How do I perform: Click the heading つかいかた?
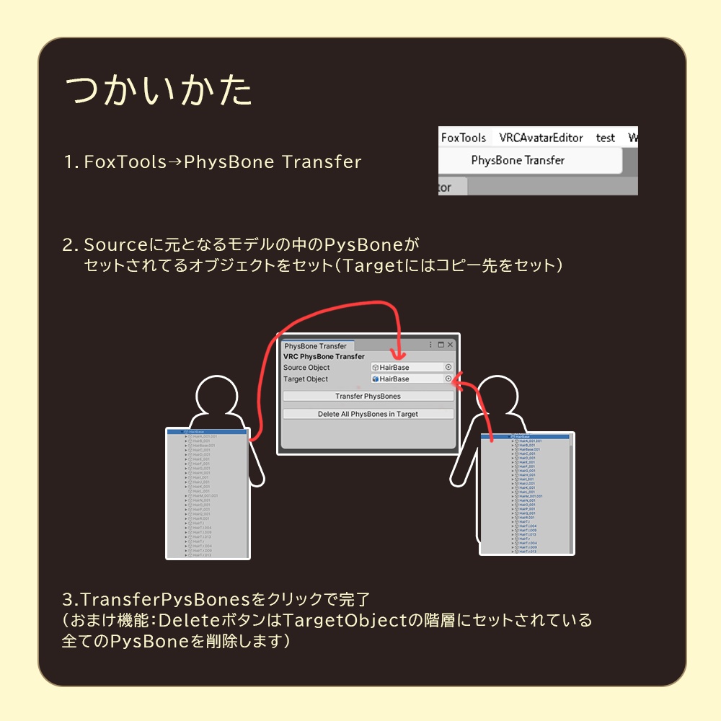click(x=159, y=91)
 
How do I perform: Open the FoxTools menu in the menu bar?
click(x=464, y=138)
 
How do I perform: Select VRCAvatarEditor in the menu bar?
click(x=540, y=138)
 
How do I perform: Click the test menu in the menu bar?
click(x=605, y=138)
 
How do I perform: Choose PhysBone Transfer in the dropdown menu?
click(x=518, y=160)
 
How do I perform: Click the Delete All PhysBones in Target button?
click(x=368, y=414)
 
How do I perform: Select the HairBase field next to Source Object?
click(x=407, y=367)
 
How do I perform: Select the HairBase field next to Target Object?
click(x=407, y=379)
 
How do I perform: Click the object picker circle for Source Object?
click(x=448, y=367)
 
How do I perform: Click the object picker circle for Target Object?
click(x=448, y=379)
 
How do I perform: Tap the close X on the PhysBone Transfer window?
click(x=451, y=345)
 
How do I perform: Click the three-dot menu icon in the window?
click(x=431, y=345)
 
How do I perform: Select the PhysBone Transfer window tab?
click(x=315, y=346)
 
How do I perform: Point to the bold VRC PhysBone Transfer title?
click(x=324, y=356)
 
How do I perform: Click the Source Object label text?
click(x=306, y=368)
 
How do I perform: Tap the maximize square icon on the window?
click(x=441, y=345)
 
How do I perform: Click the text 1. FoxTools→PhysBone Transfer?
click(x=213, y=162)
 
